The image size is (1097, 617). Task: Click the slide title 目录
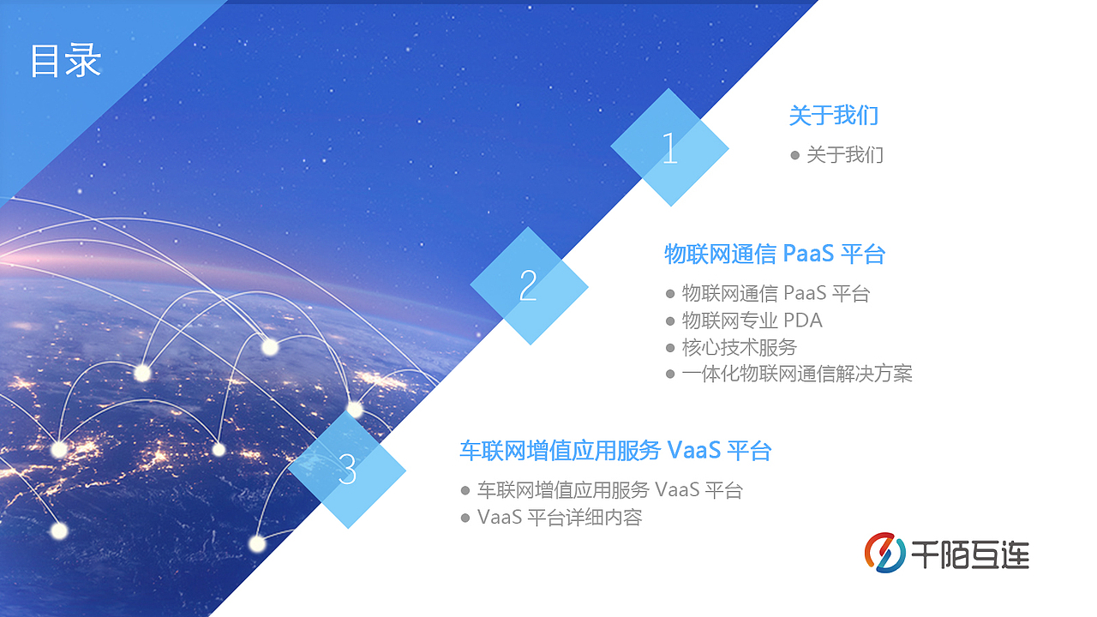click(66, 61)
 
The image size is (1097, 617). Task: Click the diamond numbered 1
click(669, 148)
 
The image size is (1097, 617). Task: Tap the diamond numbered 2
click(529, 285)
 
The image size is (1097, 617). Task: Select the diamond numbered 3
click(347, 469)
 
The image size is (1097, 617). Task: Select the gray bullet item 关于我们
click(844, 155)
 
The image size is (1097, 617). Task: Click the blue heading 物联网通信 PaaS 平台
click(774, 254)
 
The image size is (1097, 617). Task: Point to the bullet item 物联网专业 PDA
click(752, 320)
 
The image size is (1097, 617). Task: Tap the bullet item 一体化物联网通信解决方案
click(797, 374)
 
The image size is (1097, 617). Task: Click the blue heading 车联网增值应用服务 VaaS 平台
click(615, 450)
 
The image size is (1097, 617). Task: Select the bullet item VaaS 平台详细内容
click(560, 518)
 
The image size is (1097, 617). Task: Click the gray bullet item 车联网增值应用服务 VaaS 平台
click(609, 490)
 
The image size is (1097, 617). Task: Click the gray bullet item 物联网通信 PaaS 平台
click(776, 294)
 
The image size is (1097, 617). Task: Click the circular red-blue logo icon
click(884, 553)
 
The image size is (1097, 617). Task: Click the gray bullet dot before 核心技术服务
click(670, 348)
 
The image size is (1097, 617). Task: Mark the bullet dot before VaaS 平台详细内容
click(465, 518)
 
